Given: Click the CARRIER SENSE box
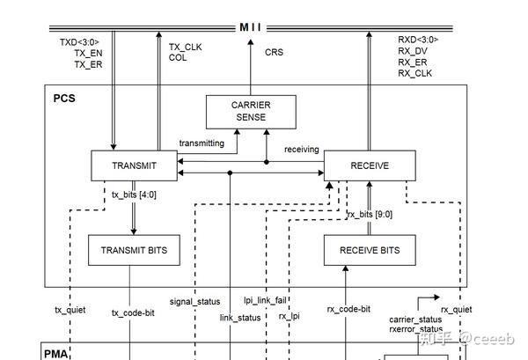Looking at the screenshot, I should tap(251, 111).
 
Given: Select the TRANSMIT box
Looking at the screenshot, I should tap(134, 165).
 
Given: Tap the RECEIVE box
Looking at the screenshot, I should tap(369, 165).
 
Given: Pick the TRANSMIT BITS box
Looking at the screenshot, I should tap(134, 250).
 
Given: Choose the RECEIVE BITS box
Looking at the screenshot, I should tap(369, 250).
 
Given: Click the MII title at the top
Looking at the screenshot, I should tap(251, 27).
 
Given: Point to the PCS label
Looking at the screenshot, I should tap(64, 98).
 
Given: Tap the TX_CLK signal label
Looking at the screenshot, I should tap(186, 47).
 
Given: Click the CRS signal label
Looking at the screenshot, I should tap(275, 53).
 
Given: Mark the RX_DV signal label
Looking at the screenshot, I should tap(413, 51).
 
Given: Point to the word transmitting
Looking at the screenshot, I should tap(202, 143).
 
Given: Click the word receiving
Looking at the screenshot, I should tap(302, 150).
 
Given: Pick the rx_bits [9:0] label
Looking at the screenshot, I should tap(370, 214).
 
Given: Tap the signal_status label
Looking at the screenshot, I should tap(194, 302).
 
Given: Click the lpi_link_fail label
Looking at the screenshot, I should tap(265, 300).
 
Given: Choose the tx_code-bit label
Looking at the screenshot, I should tap(133, 312).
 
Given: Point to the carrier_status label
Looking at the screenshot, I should tap(415, 319).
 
